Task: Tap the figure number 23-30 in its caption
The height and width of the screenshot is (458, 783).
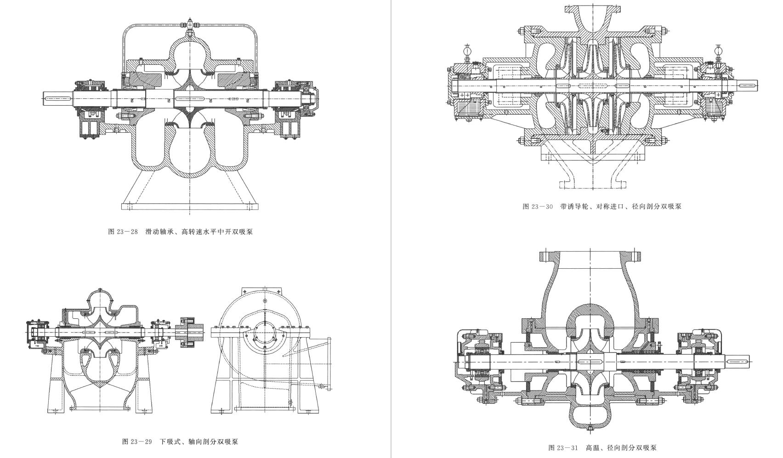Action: [x=543, y=206]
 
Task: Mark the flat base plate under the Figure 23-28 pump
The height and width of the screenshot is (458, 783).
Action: [x=189, y=206]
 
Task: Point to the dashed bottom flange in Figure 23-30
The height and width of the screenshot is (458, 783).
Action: [x=593, y=185]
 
